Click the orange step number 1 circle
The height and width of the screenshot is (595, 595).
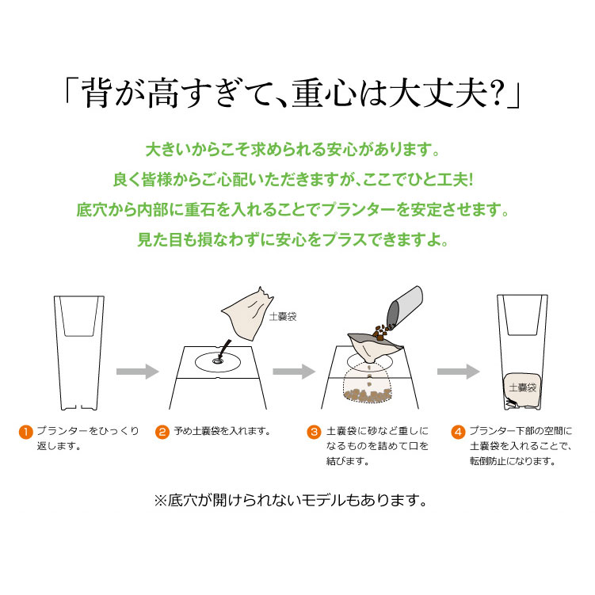(x=26, y=432)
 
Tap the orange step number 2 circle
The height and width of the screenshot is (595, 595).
(x=162, y=432)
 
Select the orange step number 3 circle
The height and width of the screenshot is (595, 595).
(x=314, y=432)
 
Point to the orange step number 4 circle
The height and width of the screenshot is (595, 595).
(x=458, y=432)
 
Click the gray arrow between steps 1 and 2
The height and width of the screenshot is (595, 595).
(x=137, y=371)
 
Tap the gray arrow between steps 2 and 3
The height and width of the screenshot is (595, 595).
(x=294, y=371)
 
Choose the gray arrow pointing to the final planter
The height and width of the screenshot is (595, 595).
(x=459, y=371)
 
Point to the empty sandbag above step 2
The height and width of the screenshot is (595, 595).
(x=247, y=314)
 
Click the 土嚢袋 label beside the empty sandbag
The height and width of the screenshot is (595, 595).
(x=283, y=316)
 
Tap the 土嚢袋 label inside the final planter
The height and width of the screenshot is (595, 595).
(x=522, y=387)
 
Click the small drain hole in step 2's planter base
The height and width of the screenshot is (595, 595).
(x=217, y=360)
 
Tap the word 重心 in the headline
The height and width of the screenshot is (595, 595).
(x=325, y=93)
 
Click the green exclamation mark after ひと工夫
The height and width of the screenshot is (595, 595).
(x=471, y=179)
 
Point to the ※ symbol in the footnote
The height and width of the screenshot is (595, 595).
(x=160, y=500)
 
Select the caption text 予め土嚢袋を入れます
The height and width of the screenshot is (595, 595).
(x=222, y=432)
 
